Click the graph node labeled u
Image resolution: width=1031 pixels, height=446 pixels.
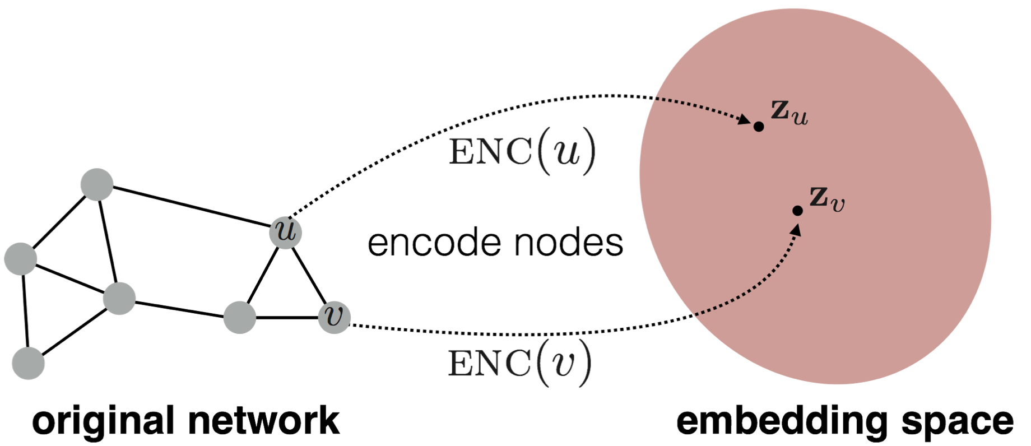tap(286, 232)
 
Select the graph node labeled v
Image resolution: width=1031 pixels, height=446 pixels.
tap(335, 317)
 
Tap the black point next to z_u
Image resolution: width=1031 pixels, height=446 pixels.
tap(759, 127)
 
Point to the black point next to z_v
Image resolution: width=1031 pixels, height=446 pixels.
tap(797, 211)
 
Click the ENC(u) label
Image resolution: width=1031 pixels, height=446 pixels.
tap(522, 151)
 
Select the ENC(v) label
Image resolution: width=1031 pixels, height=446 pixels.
tap(519, 363)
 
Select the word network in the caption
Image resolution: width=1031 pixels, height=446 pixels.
tap(264, 421)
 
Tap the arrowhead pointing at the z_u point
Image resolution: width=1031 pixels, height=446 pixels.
tap(745, 120)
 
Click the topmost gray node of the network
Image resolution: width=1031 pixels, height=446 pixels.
tap(97, 184)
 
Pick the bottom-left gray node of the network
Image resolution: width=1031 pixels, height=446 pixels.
tap(28, 363)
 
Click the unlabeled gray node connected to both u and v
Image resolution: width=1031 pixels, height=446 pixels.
tap(240, 318)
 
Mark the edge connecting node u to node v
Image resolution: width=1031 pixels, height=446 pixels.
tap(310, 275)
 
